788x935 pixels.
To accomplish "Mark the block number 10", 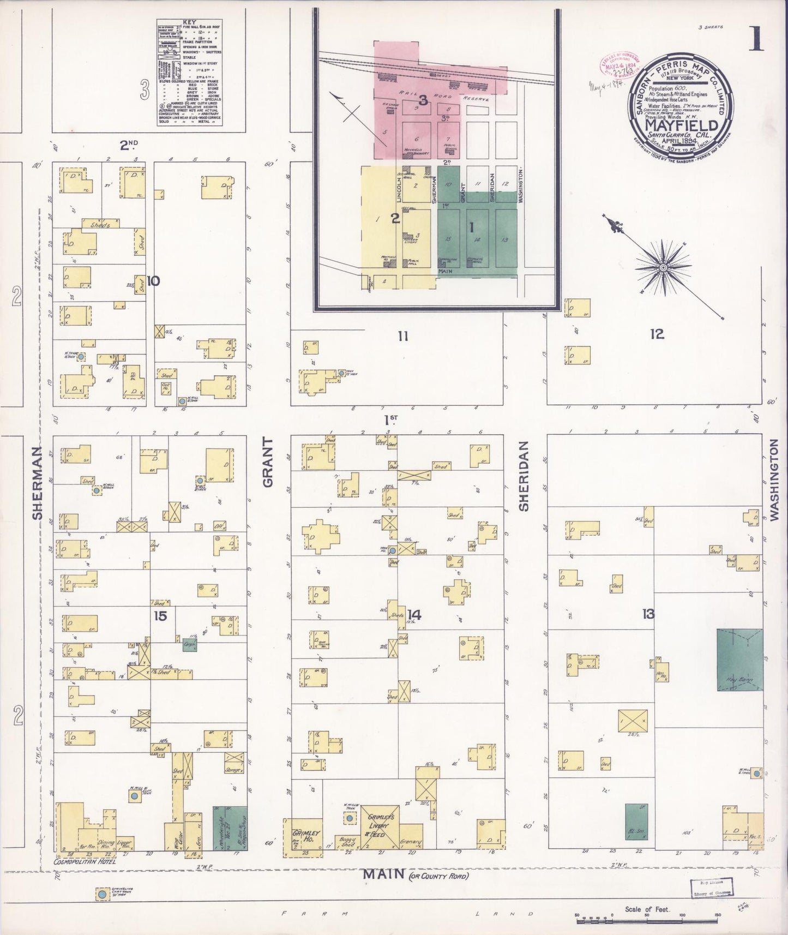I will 153,281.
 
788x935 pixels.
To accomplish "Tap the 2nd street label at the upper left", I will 129,145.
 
